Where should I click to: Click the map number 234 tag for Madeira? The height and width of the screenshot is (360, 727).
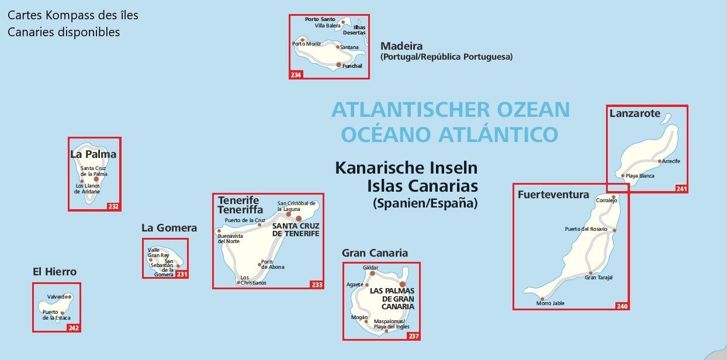point(296,75)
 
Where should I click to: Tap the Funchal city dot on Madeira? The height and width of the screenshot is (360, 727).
point(339,64)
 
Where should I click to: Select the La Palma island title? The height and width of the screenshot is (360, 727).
point(93,154)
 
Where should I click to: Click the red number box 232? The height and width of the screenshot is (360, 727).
point(113,206)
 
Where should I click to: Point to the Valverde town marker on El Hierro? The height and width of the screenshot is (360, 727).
point(70,297)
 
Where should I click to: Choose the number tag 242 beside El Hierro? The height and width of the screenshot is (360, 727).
point(73,328)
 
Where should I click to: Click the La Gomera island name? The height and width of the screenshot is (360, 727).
point(169,228)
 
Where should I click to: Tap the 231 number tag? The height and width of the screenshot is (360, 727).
point(182,274)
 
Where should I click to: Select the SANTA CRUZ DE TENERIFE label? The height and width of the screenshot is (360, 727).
point(296,229)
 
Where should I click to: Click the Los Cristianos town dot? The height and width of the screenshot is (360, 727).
point(238,283)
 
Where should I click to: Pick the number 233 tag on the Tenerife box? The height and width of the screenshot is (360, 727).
point(316,285)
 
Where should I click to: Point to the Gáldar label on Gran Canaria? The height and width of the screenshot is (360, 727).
point(371,268)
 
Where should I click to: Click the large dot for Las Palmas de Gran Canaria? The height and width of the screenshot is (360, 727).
point(402,284)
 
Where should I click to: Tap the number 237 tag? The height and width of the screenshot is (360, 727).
point(413,336)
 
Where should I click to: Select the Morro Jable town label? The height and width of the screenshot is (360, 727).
point(550,303)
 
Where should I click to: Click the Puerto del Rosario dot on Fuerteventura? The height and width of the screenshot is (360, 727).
point(614,230)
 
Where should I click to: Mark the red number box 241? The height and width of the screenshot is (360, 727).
point(681,189)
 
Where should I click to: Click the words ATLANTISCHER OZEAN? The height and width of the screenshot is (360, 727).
point(450,110)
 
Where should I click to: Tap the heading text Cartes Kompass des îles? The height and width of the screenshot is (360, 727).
point(73,15)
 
